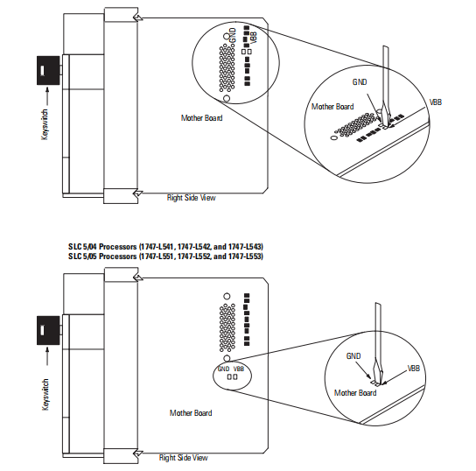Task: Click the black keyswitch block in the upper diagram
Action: (48, 70)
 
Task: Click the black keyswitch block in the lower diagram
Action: (48, 330)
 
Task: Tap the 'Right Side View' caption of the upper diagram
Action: (192, 198)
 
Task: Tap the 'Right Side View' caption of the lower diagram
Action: (184, 458)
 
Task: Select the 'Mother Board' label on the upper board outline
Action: (202, 118)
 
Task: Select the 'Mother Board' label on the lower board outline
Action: (191, 413)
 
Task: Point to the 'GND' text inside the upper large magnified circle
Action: (360, 82)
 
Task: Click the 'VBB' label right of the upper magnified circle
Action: (436, 102)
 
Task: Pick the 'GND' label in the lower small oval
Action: (223, 369)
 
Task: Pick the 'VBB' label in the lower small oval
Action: (239, 369)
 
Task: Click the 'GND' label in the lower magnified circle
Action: (353, 356)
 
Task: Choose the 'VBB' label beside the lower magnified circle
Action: (414, 369)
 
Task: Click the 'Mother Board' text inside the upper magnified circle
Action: (332, 107)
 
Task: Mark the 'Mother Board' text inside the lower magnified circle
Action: (355, 393)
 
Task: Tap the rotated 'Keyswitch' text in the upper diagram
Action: (45, 124)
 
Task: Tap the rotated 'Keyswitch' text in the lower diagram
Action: (45, 395)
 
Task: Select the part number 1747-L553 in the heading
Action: (245, 257)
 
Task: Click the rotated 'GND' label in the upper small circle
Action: (233, 35)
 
